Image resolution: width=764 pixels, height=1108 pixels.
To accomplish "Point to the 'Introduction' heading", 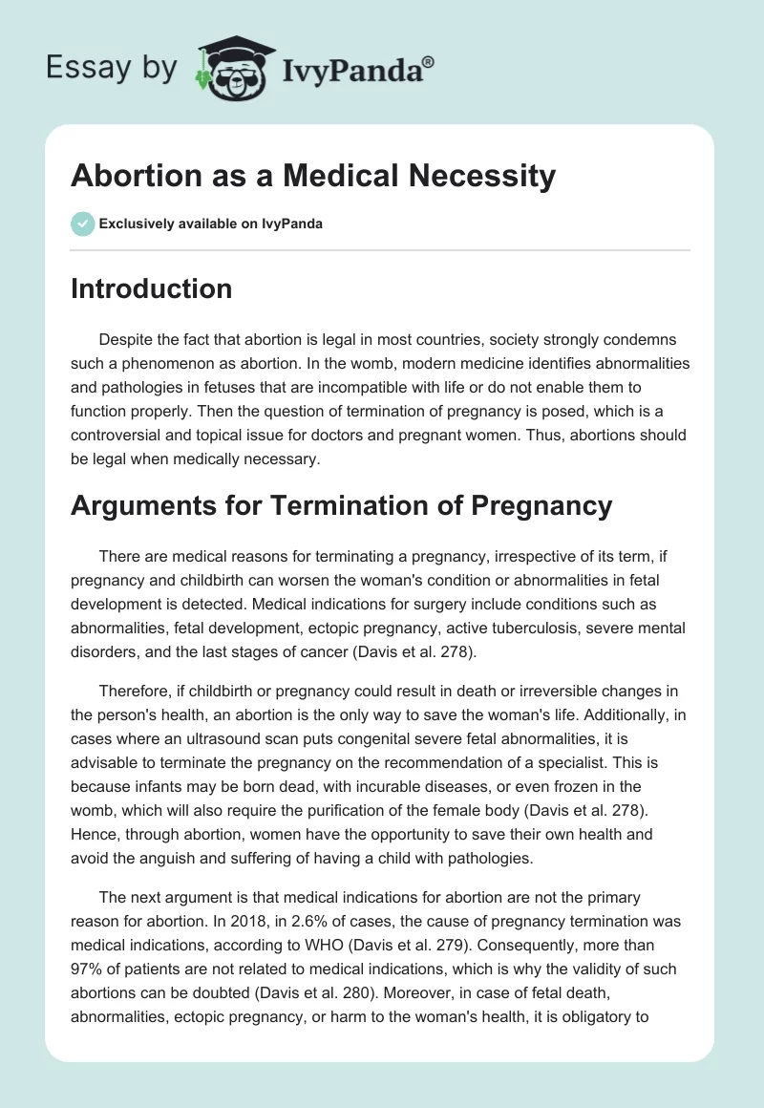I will click(151, 288).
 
